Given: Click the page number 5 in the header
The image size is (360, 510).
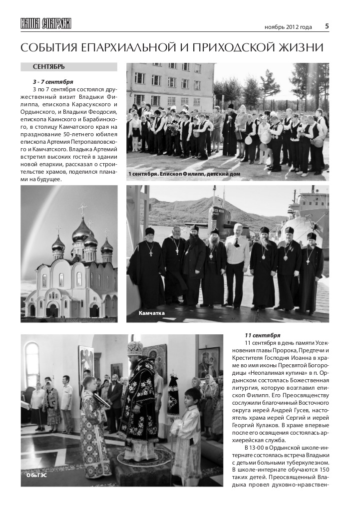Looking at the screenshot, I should tap(327, 26).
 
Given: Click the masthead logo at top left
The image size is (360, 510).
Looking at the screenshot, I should tap(46, 23).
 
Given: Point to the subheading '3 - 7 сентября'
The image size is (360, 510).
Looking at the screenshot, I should tap(53, 81).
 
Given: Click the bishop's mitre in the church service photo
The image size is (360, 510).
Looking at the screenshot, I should tap(134, 348).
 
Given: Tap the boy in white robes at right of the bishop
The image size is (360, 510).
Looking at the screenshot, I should tap(192, 424).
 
